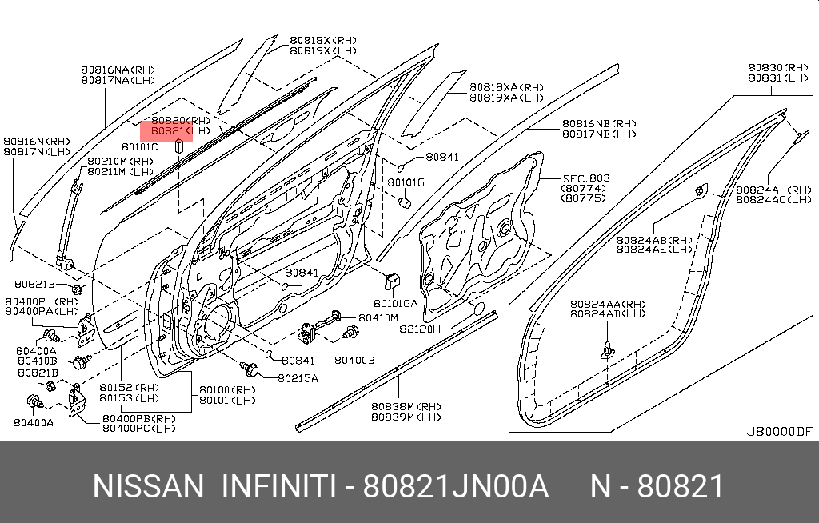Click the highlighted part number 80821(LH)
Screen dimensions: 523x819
(x=169, y=130)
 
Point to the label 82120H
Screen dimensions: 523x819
(x=421, y=328)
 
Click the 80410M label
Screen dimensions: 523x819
(x=378, y=317)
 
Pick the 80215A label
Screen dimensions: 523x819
(x=298, y=377)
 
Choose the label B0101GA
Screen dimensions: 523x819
(x=395, y=303)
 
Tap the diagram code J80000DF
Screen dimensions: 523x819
(x=779, y=431)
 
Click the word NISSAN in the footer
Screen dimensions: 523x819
(x=149, y=486)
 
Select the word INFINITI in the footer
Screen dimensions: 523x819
(x=278, y=486)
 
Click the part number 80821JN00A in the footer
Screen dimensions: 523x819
(x=456, y=486)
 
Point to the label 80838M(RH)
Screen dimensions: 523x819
(x=406, y=405)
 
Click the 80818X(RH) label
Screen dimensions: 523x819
(x=322, y=40)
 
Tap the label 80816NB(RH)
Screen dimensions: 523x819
(x=599, y=123)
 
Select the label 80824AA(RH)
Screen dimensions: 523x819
(x=608, y=304)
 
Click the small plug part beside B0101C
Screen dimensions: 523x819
(x=179, y=147)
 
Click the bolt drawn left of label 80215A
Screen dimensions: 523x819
(x=250, y=369)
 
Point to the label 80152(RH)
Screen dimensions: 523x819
(x=129, y=387)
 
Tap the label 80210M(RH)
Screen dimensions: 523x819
(x=119, y=162)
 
